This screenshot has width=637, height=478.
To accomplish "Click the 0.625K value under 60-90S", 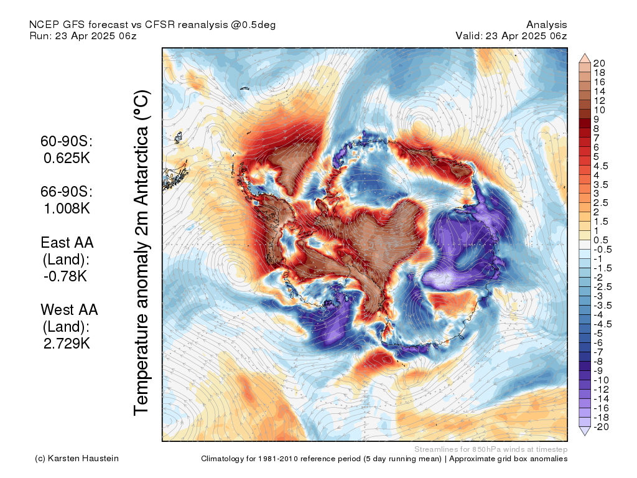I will (x=67, y=158).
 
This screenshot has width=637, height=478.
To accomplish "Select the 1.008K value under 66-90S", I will (x=67, y=209).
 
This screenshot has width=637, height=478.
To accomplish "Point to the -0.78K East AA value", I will (x=65, y=276).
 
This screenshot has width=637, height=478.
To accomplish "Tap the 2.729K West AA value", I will (x=67, y=343).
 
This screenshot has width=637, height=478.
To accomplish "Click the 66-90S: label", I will (x=67, y=192).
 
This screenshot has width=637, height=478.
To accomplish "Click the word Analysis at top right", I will (x=547, y=25).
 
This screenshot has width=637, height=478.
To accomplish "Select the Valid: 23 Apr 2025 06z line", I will (x=511, y=36).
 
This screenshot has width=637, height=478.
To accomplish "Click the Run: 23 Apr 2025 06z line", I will (x=83, y=36).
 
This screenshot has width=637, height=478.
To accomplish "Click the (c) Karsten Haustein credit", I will (x=77, y=459).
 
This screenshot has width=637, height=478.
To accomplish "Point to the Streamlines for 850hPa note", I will (x=490, y=449).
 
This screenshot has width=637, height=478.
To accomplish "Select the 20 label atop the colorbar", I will (x=600, y=63).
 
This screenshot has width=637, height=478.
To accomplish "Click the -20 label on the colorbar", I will (x=600, y=426).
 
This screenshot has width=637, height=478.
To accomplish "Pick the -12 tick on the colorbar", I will (x=601, y=389).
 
